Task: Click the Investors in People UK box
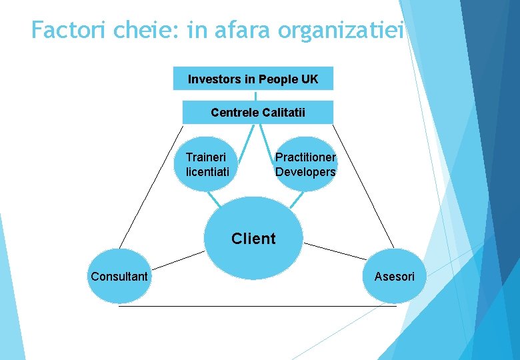(253, 79)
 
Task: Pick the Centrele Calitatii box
(257, 112)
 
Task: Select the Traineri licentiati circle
(207, 164)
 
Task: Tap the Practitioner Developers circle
(306, 164)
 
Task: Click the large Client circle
(253, 238)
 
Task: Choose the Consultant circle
(120, 276)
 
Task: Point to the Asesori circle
(394, 276)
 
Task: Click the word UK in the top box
(309, 79)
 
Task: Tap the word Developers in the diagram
(305, 171)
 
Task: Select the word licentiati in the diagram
(207, 171)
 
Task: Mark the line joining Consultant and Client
(177, 260)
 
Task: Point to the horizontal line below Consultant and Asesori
(257, 306)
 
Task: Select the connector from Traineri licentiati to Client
(214, 199)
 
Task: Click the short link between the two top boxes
(255, 95)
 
